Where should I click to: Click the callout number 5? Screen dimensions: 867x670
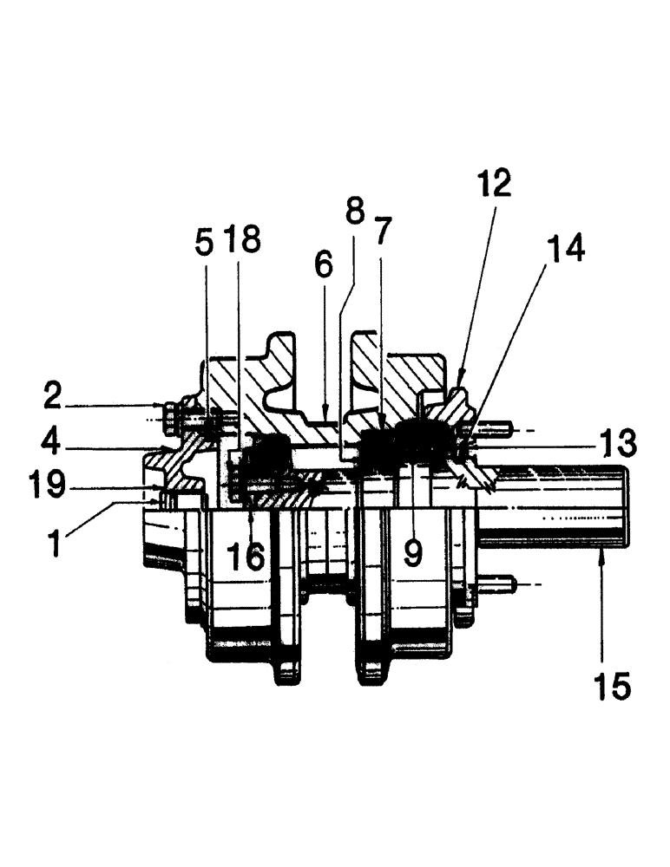204,244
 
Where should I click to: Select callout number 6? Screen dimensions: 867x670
323,267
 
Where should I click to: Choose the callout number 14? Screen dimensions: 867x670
565,249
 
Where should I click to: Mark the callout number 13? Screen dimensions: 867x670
618,443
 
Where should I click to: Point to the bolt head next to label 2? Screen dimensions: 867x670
171,407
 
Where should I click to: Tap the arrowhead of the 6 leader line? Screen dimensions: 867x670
323,414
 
